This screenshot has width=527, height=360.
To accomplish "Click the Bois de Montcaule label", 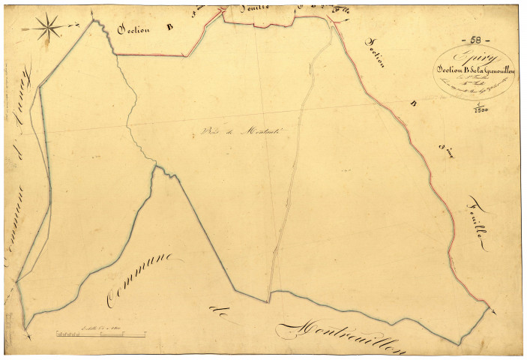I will pos(229,132).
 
